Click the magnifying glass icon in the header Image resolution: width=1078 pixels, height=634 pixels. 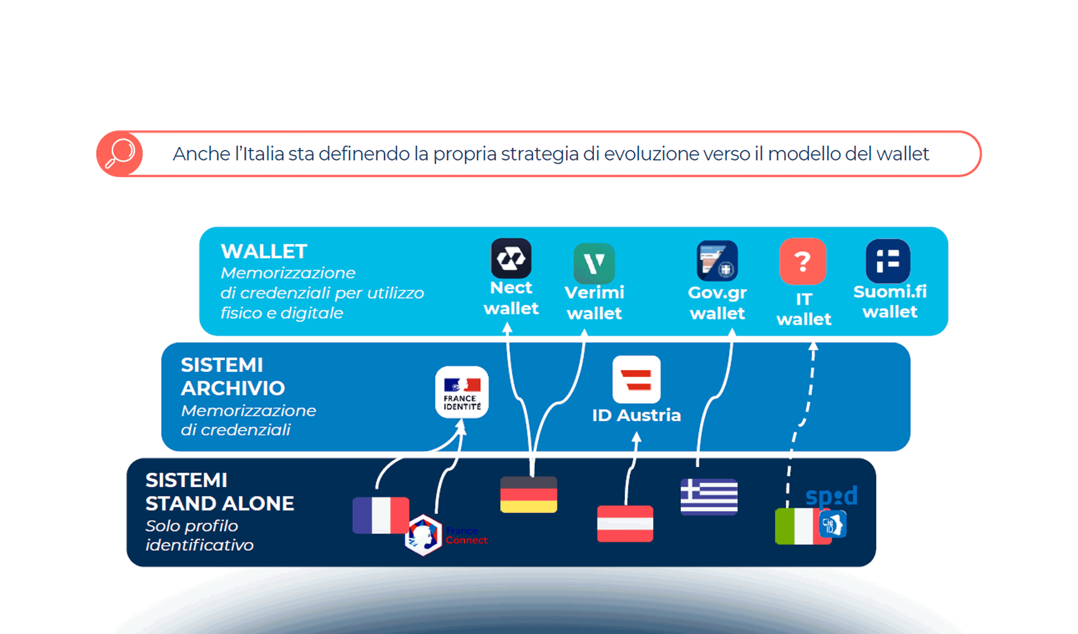(x=120, y=154)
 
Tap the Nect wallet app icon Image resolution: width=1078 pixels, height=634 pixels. (x=511, y=258)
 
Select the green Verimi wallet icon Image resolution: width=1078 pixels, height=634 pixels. (x=594, y=264)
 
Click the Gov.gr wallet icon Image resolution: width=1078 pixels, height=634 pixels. (x=717, y=261)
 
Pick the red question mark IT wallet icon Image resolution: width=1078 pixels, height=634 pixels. (x=803, y=262)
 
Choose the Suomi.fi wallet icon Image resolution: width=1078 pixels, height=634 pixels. (x=888, y=261)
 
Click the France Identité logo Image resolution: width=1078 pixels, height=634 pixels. (x=462, y=392)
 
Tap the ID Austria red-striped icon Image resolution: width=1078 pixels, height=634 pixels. (x=636, y=379)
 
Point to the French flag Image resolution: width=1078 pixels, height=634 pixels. (x=380, y=515)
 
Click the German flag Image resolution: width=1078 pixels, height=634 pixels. (x=528, y=495)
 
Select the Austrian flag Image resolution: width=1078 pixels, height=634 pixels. (x=625, y=524)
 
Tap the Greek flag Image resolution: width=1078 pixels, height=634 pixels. (x=709, y=497)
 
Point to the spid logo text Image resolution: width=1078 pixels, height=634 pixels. (x=831, y=497)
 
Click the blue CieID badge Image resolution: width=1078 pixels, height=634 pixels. (x=833, y=525)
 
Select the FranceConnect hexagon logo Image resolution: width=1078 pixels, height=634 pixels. (x=423, y=535)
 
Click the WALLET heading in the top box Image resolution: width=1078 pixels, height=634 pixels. (x=264, y=251)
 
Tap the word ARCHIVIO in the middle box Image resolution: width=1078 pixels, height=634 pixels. (x=233, y=388)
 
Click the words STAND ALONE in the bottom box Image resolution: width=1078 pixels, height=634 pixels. (x=220, y=504)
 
